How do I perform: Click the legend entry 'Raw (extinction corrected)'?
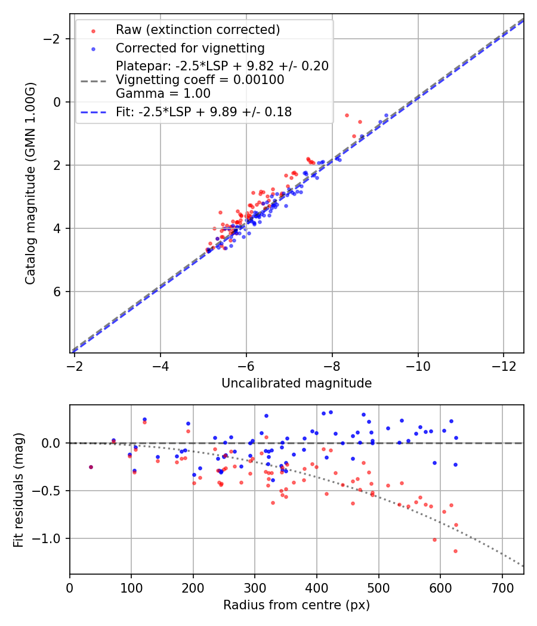(198, 30)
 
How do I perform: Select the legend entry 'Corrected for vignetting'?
(190, 48)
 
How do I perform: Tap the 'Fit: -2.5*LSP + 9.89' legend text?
(204, 112)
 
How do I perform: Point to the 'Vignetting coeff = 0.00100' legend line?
(200, 80)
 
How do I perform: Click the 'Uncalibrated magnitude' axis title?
(297, 383)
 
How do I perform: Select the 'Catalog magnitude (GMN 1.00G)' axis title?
(30, 183)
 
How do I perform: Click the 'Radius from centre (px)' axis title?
(297, 605)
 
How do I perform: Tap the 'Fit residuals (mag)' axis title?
(18, 489)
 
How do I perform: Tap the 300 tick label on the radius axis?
(255, 587)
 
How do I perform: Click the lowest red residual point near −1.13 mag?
(455, 551)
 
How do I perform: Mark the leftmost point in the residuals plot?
(91, 467)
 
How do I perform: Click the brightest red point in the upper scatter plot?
(347, 115)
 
